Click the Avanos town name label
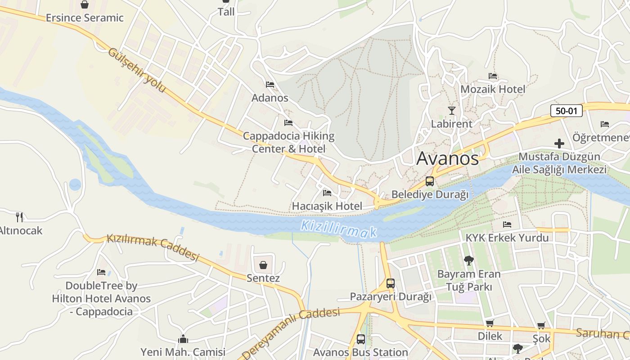[x=448, y=158]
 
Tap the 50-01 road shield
[x=566, y=111]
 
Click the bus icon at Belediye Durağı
[x=430, y=181]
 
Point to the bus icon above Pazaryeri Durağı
[x=390, y=283]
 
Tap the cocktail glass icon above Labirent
[x=451, y=110]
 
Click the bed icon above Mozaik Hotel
[x=493, y=76]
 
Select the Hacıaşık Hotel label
[x=327, y=206]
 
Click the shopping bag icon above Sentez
[x=263, y=265]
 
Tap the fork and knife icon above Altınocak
[x=19, y=217]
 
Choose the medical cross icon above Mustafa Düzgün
[x=559, y=144]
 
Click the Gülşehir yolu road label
[x=137, y=71]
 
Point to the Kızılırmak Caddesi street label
[x=153, y=247]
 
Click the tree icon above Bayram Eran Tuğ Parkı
[x=468, y=260]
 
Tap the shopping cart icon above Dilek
[x=490, y=323]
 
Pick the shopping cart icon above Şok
[x=541, y=325]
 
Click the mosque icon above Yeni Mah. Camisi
[x=183, y=339]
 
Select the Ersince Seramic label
[x=85, y=18]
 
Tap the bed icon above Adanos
[x=270, y=84]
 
